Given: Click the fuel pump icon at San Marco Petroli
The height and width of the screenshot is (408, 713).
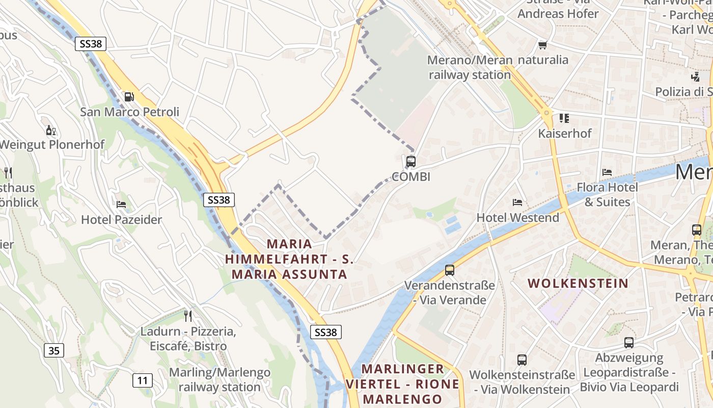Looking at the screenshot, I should tap(129, 96).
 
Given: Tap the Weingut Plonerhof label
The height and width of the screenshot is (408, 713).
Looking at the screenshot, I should tap(51, 144).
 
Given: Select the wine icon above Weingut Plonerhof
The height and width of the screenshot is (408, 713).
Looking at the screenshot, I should tap(51, 131).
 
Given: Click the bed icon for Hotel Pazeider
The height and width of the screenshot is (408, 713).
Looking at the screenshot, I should tap(121, 205).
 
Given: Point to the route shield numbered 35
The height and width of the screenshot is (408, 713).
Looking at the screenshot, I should tap(54, 350).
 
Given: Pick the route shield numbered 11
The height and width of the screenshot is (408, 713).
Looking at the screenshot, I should tap(143, 380).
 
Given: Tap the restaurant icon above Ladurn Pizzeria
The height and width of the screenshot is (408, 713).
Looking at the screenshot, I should tap(188, 316).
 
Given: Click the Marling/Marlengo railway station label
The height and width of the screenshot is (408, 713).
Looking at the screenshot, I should tap(220, 379).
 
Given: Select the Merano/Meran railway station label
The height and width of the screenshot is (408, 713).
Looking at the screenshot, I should tap(470, 67).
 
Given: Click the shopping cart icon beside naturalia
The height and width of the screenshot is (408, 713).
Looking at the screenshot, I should tap(542, 45).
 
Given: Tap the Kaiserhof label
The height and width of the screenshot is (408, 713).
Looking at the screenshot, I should tap(565, 134).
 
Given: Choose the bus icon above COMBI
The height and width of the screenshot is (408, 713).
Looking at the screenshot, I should tap(410, 162).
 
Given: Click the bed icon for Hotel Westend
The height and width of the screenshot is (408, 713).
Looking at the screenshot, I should tap(517, 202).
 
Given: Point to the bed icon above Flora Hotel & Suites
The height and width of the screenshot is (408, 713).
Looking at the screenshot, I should tap(607, 172).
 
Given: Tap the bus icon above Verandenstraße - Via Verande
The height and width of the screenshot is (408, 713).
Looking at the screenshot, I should tap(449, 270).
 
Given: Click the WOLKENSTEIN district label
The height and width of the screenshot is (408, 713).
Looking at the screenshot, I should tap(578, 283).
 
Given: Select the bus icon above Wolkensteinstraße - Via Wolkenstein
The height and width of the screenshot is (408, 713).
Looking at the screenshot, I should tap(522, 360).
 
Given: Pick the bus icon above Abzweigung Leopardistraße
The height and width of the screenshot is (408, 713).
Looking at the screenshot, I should tap(629, 342).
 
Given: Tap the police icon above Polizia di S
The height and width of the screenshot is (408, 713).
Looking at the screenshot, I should tap(695, 76).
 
